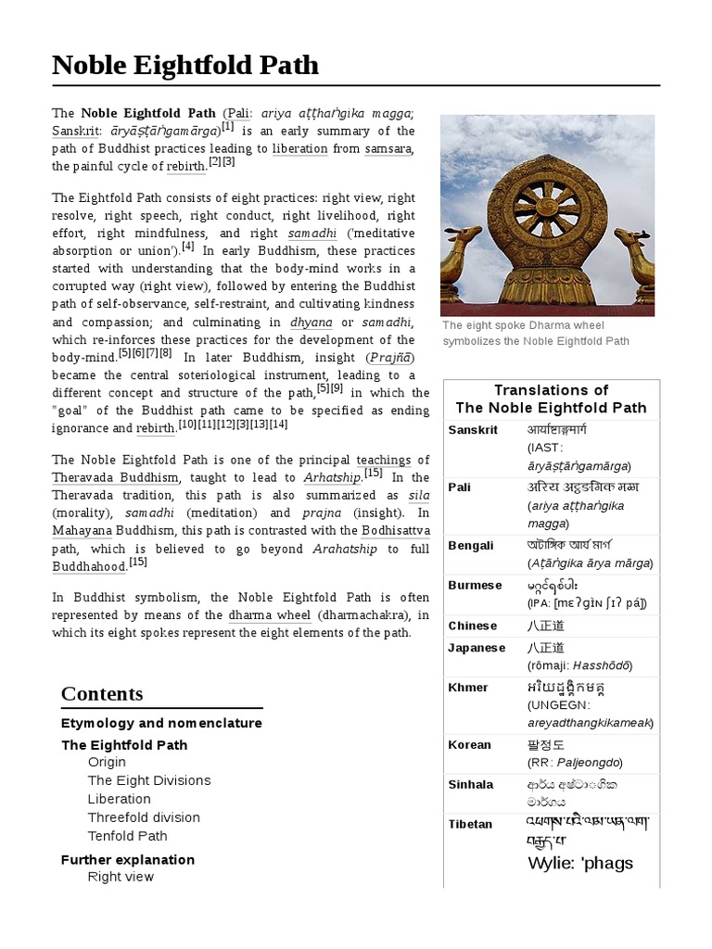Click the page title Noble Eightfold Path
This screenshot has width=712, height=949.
tap(185, 65)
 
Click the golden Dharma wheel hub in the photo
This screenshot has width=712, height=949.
tap(546, 210)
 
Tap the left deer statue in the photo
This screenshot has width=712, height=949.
tap(460, 264)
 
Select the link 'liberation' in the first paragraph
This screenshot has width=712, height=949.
tap(299, 148)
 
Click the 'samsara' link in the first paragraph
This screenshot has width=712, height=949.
tap(388, 148)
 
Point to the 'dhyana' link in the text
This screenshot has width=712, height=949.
tap(311, 323)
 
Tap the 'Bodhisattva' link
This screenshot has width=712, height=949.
tap(396, 530)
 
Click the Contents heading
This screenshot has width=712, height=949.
tap(102, 694)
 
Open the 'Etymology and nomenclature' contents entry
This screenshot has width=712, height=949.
tap(161, 723)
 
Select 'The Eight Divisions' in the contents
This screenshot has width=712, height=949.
tap(149, 780)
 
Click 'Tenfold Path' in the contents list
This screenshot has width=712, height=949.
tap(128, 836)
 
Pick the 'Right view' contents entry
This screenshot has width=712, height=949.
tap(121, 877)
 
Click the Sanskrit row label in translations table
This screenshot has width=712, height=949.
tap(473, 430)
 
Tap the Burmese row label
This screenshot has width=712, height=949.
tap(475, 585)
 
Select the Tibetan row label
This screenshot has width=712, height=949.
tap(470, 824)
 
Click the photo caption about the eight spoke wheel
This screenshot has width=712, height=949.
tap(536, 333)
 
